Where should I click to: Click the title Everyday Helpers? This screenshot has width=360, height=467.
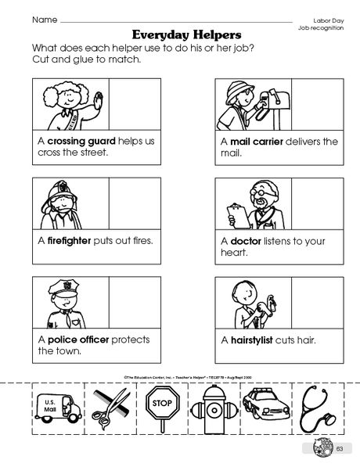pyautogui.click(x=180, y=35)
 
